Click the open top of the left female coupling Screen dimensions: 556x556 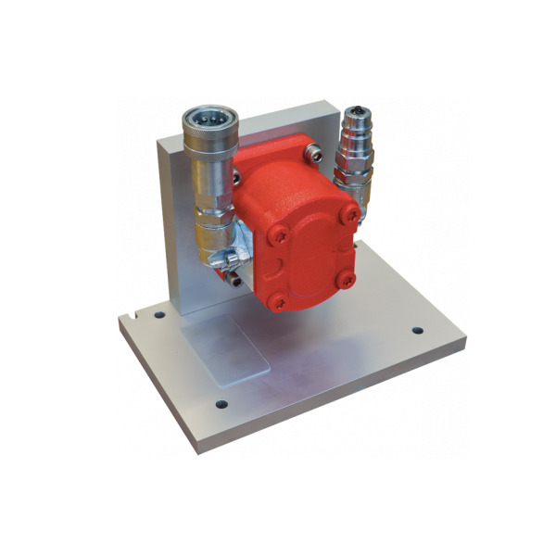[209, 118]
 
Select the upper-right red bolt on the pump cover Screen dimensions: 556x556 [351, 215]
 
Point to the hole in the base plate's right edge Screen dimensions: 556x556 [417, 331]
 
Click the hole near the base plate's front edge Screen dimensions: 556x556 [221, 404]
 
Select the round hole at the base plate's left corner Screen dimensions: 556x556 [159, 315]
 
